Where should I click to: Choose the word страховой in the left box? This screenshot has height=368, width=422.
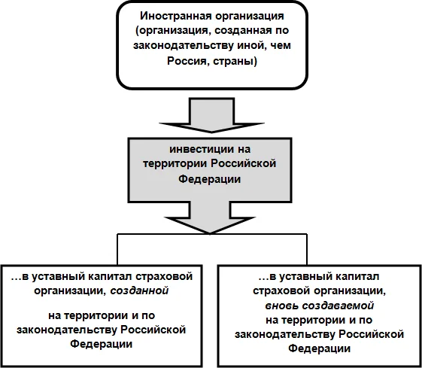coord(161,275)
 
